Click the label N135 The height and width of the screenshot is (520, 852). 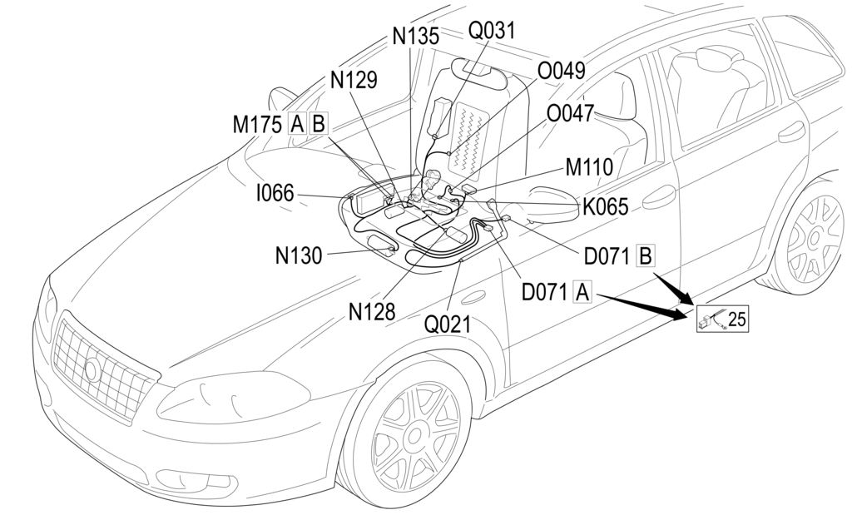415,37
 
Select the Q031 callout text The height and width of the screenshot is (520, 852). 492,31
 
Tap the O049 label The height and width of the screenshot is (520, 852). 562,72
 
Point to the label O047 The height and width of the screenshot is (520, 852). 570,113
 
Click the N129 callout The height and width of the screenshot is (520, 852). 354,80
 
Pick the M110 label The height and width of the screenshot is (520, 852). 589,167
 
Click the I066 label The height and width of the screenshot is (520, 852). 275,194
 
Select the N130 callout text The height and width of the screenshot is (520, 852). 299,255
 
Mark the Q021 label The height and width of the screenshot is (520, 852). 447,324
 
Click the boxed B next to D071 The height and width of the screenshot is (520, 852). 645,255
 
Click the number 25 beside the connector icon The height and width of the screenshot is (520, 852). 739,317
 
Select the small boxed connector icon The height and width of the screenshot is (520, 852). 712,319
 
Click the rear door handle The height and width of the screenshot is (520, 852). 791,132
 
